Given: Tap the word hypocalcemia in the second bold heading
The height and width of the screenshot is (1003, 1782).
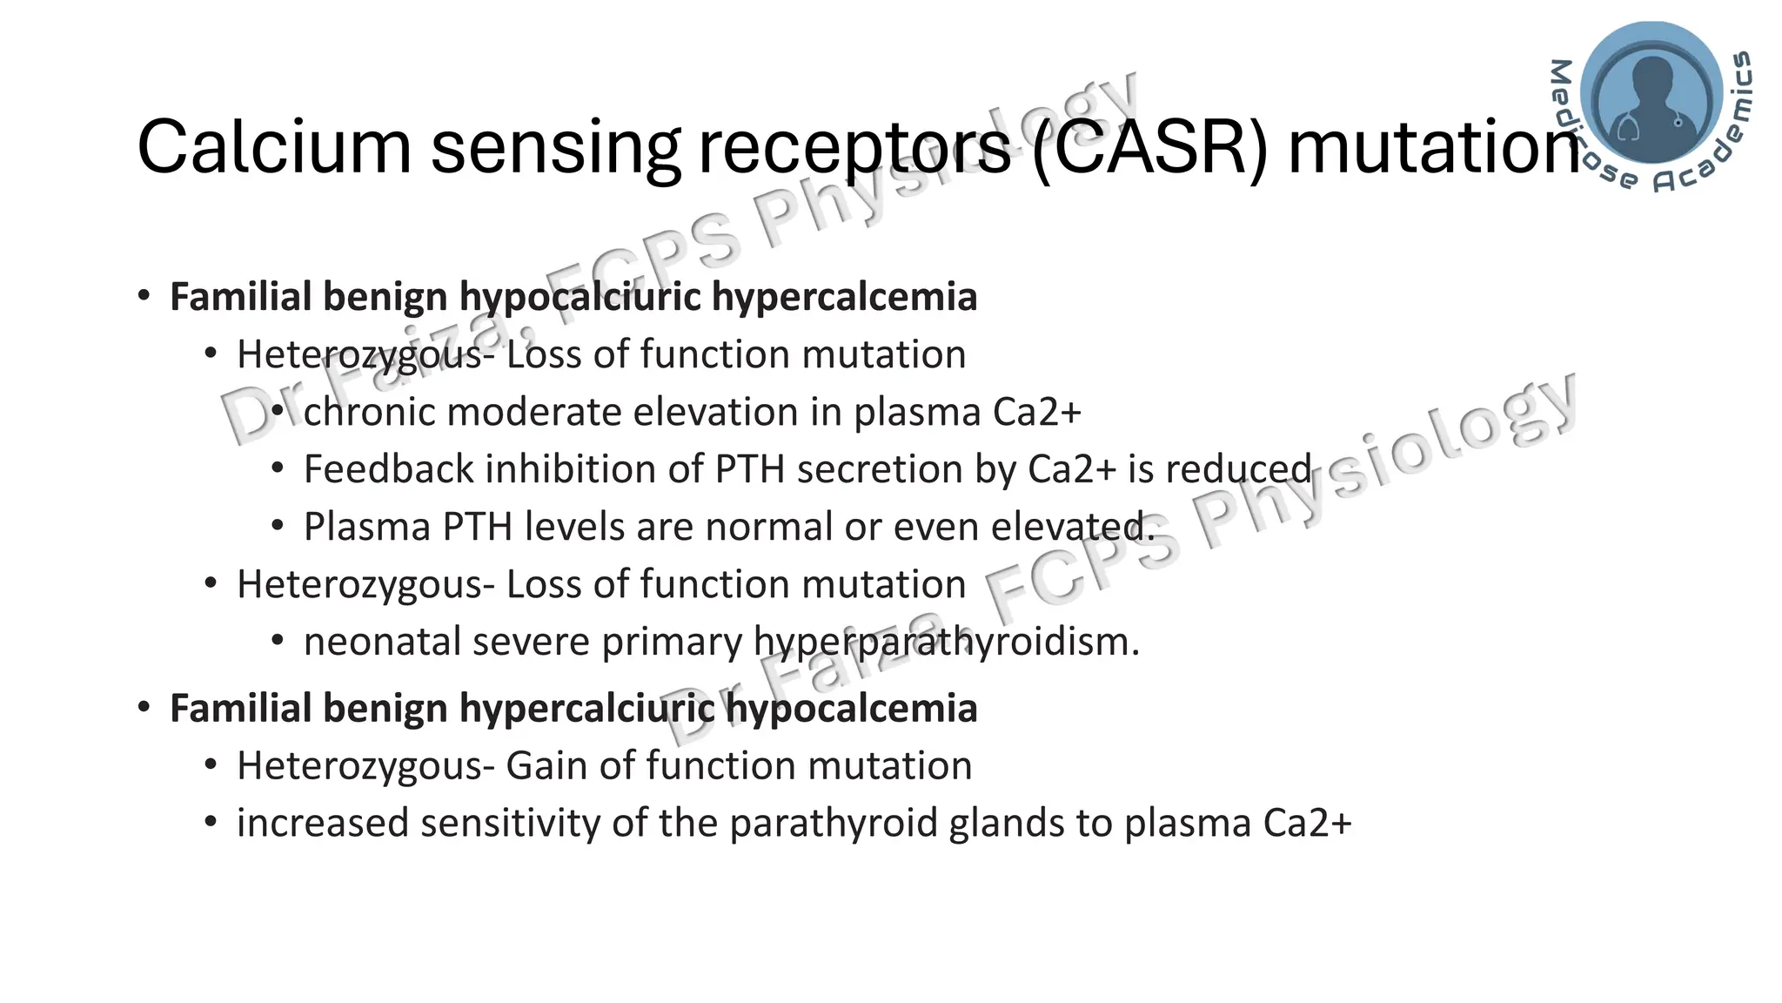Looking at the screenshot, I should pyautogui.click(x=852, y=708).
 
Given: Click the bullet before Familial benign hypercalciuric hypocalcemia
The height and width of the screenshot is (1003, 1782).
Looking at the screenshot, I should pyautogui.click(x=144, y=707).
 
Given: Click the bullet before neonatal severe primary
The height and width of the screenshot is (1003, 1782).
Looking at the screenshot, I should pyautogui.click(x=278, y=642).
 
